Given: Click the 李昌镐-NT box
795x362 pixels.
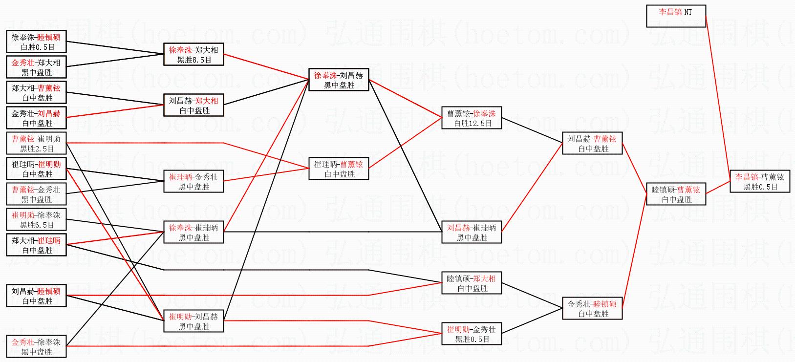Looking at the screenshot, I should pos(676,16).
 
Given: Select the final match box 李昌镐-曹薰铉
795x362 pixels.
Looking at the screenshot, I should pos(760,182).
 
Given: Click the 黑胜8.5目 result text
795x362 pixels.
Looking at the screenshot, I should pos(194,60).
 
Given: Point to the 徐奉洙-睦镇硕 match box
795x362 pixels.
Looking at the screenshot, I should pos(36,42).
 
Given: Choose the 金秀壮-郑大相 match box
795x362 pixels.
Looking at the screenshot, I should pos(36,67).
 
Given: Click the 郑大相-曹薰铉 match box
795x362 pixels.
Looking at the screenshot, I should pos(36,92).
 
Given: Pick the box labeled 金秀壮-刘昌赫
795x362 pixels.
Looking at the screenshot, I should pos(36,118).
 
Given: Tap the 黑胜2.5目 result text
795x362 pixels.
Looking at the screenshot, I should pos(37,149).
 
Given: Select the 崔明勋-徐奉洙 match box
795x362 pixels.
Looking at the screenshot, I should pos(36,219).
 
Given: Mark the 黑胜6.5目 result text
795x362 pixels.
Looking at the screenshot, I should pos(37,225).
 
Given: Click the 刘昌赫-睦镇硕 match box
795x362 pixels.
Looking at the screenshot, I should pos(36,296).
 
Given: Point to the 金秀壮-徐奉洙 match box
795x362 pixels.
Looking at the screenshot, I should pos(36,346).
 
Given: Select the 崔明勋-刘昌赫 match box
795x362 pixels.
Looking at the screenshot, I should pos(194,321).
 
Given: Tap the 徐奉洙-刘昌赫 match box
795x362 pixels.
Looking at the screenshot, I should pos(339,80).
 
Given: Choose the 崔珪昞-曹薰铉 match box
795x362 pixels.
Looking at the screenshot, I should pos(339,169).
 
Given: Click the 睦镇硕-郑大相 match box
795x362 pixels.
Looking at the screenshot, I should pos(472,283).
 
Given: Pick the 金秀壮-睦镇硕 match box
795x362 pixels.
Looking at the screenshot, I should pos(592,308).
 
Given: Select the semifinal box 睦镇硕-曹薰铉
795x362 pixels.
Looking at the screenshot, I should pos(676,194).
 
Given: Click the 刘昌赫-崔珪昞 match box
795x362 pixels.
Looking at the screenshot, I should pos(472,232).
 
